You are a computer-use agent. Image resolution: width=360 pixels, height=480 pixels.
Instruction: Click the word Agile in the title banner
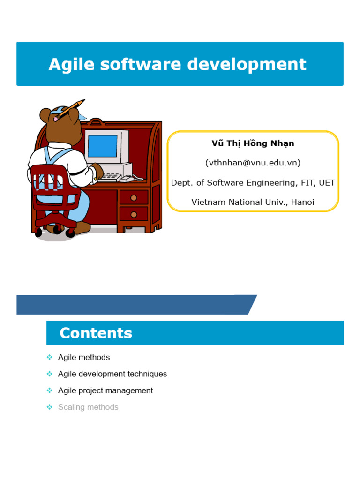tap(69, 64)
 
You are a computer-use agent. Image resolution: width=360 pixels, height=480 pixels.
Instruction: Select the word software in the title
tap(138, 64)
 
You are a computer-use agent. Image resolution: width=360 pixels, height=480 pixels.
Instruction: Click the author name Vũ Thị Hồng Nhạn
tap(253, 143)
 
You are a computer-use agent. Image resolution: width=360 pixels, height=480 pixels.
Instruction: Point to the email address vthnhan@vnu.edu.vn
tap(253, 163)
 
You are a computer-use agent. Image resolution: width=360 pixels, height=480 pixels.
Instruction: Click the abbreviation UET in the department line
tap(327, 182)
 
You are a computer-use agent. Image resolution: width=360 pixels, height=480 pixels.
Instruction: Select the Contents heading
tap(96, 333)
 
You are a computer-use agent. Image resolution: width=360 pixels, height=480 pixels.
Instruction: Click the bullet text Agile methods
tap(84, 357)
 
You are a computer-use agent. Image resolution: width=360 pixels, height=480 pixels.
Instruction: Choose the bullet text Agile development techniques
tap(112, 374)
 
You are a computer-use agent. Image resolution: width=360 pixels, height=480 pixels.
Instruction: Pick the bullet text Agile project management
tap(105, 390)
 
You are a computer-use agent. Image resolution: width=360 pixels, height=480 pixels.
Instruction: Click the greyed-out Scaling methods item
tap(88, 407)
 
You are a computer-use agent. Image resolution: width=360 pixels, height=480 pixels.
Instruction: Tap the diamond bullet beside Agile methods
tap(50, 357)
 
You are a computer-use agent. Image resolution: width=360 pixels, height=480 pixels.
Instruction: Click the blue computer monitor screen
tap(102, 145)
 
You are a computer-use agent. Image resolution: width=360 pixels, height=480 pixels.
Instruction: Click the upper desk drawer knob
tap(134, 198)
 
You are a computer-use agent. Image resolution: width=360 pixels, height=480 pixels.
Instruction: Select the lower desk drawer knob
tap(134, 215)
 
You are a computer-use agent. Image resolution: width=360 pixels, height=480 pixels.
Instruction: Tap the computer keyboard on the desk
tap(111, 177)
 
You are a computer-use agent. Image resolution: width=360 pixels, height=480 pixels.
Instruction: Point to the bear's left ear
tap(45, 115)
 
